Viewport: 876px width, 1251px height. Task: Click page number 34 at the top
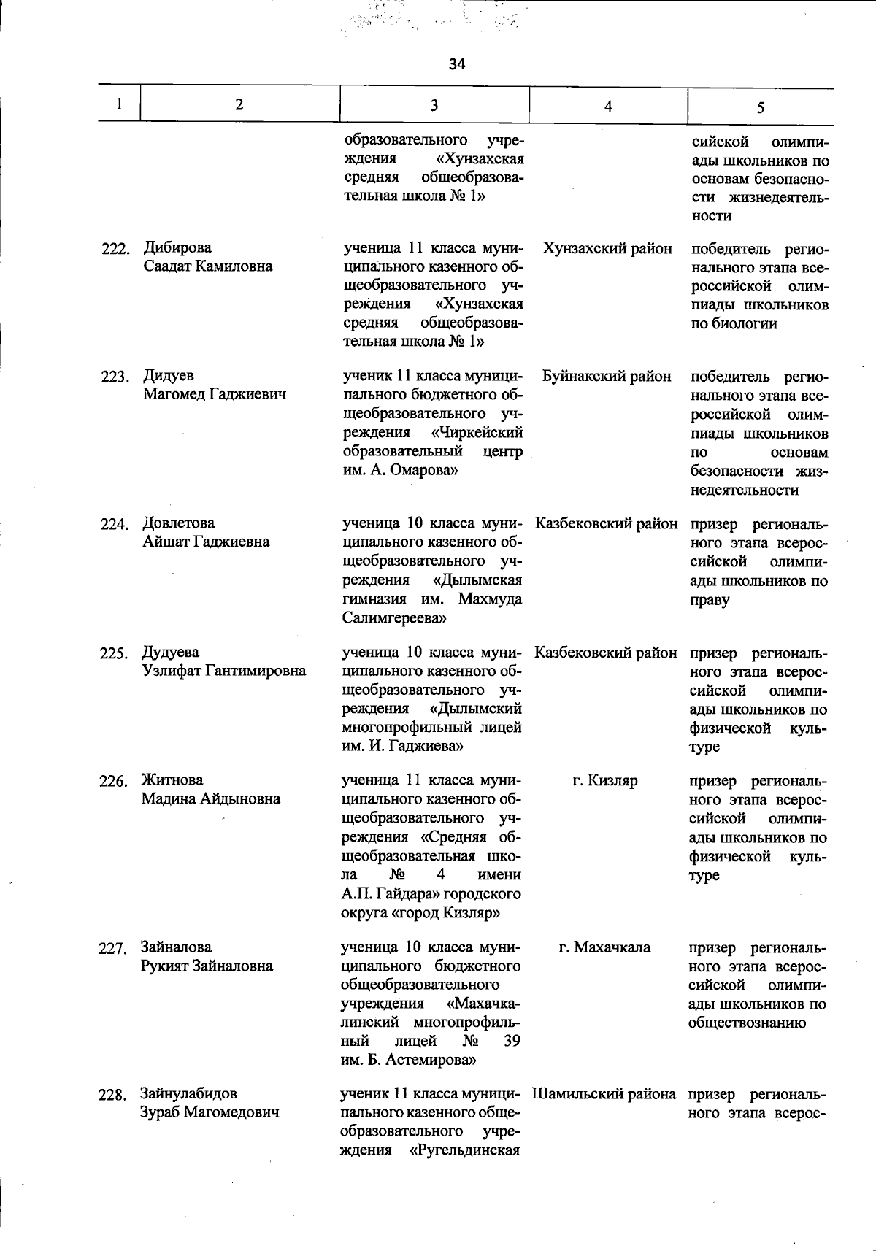[457, 64]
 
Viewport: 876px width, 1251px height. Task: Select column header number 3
[434, 105]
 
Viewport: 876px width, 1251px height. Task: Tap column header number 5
[760, 107]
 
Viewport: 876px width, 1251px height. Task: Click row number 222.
[115, 250]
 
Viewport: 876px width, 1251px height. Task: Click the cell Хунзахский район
[607, 248]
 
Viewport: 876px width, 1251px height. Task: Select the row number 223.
[115, 377]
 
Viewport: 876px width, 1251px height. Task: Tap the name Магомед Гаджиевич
[215, 395]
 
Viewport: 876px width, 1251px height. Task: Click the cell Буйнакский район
[607, 377]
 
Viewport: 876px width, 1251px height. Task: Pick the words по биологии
[734, 324]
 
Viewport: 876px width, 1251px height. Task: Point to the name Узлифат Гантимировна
[223, 671]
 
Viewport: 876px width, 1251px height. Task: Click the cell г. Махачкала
[604, 947]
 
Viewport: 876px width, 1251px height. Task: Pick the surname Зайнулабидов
[188, 1094]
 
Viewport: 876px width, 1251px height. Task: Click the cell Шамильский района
[604, 1094]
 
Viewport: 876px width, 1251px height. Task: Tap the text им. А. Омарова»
[400, 471]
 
